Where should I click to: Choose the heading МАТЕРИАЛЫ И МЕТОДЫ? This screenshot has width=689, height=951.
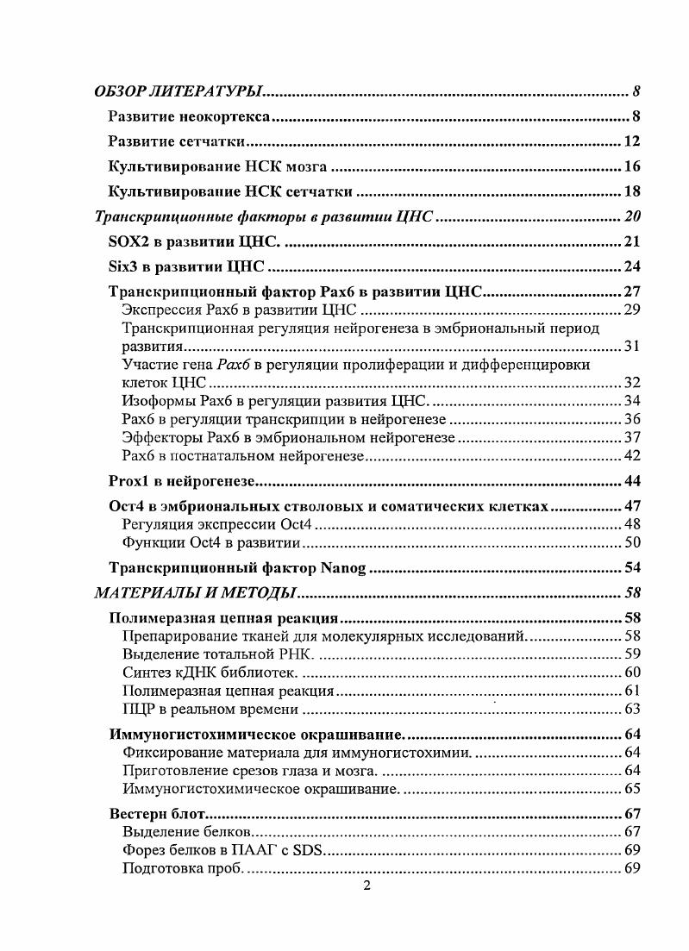[x=195, y=593]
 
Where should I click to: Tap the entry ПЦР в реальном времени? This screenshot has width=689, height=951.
[x=210, y=710]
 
